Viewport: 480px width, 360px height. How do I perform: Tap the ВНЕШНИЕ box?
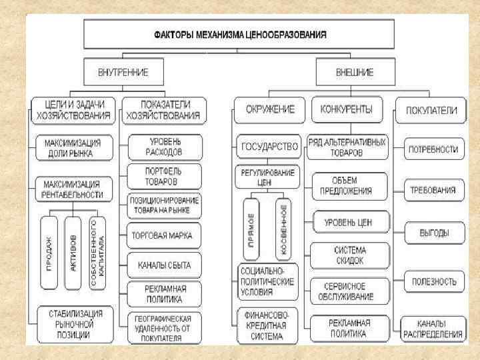click(353, 71)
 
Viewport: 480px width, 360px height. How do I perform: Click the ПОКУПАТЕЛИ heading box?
click(427, 111)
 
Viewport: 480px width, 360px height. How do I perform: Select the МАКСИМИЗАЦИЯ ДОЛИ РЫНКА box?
click(73, 148)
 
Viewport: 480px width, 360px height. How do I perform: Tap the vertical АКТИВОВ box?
click(73, 251)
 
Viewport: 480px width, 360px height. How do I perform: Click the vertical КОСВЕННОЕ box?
click(282, 229)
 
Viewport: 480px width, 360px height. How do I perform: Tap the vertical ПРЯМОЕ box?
click(253, 229)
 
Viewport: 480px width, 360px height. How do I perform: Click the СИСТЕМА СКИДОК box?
click(347, 254)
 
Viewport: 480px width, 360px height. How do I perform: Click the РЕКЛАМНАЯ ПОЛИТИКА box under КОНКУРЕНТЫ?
click(347, 328)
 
